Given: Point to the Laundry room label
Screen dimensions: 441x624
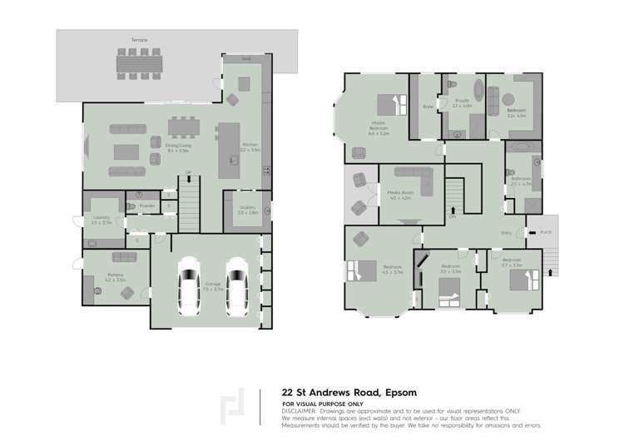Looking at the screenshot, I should pos(101,219).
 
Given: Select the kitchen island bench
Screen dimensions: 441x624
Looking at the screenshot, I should pos(225,149).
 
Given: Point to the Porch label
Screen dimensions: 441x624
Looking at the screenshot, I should pos(546,232).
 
